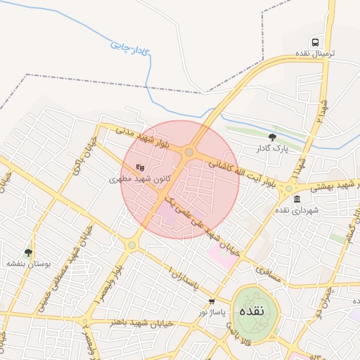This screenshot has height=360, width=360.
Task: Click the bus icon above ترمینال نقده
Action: tap(315, 42)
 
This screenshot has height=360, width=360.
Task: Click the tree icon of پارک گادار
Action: tap(273, 137)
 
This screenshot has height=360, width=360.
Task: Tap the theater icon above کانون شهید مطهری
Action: tap(139, 167)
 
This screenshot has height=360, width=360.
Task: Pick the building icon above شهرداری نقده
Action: tap(297, 198)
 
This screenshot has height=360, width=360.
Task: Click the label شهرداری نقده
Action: tap(296, 210)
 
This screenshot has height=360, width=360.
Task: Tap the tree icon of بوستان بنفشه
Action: tap(28, 252)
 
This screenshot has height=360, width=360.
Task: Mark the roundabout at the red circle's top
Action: tap(188, 152)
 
